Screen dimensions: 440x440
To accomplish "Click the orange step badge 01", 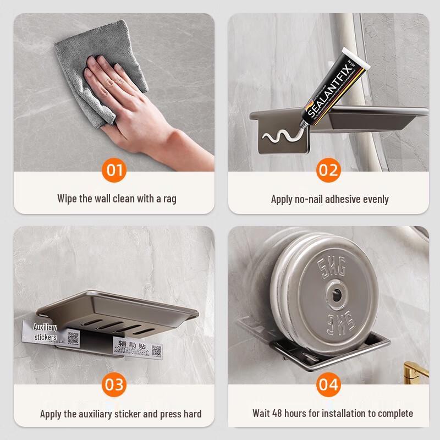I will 114,170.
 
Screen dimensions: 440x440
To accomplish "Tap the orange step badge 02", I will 328,170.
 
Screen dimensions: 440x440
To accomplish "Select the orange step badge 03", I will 114,384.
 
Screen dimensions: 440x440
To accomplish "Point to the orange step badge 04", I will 328,384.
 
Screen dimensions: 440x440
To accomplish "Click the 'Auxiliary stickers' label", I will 45,332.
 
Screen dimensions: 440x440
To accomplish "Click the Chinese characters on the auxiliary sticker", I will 130,345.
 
